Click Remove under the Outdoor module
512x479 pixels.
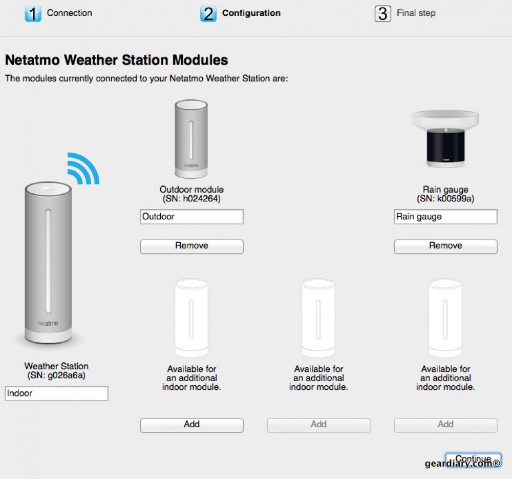[191, 246]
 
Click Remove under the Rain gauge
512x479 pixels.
[445, 246]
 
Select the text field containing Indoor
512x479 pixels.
[56, 393]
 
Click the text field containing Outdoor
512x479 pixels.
[191, 217]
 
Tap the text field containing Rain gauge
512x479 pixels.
[445, 217]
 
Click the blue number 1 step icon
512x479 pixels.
[33, 14]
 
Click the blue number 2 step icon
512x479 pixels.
[208, 14]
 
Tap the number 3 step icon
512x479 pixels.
[383, 14]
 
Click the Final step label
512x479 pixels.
[416, 13]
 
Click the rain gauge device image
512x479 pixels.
[445, 139]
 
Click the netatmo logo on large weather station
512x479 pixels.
[48, 323]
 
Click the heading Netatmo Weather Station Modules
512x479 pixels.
[116, 60]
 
